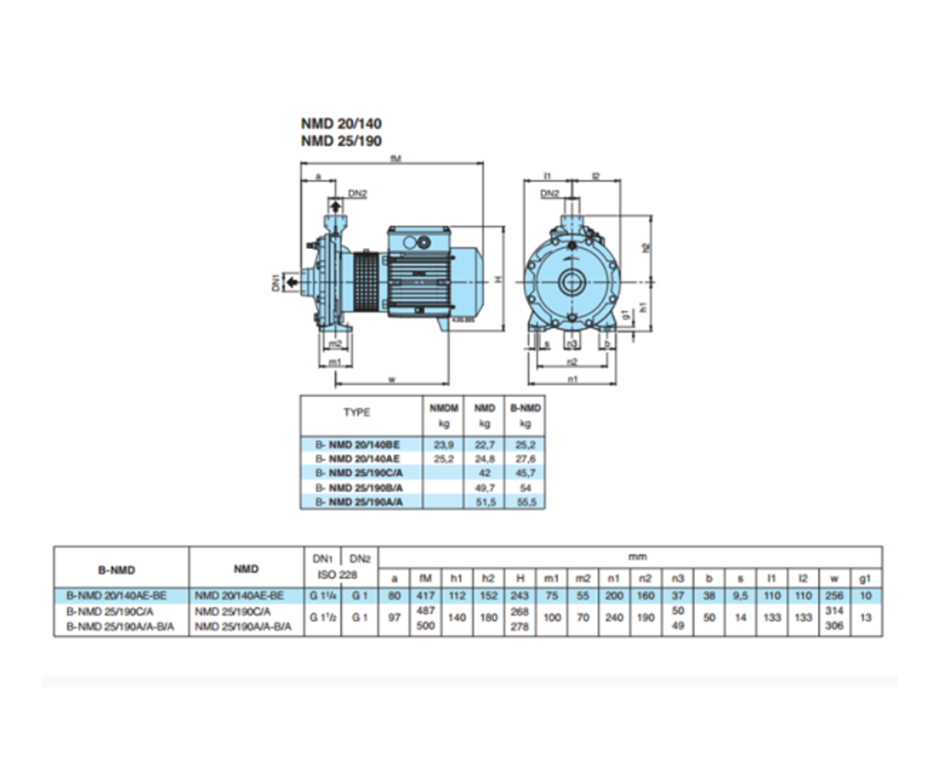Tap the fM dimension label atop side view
click(397, 158)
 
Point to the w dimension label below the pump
click(391, 379)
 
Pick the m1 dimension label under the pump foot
click(334, 362)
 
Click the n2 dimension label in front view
click(572, 361)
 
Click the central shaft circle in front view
click(572, 280)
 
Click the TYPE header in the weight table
click(357, 413)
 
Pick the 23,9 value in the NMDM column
click(443, 444)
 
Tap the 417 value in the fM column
click(425, 595)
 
